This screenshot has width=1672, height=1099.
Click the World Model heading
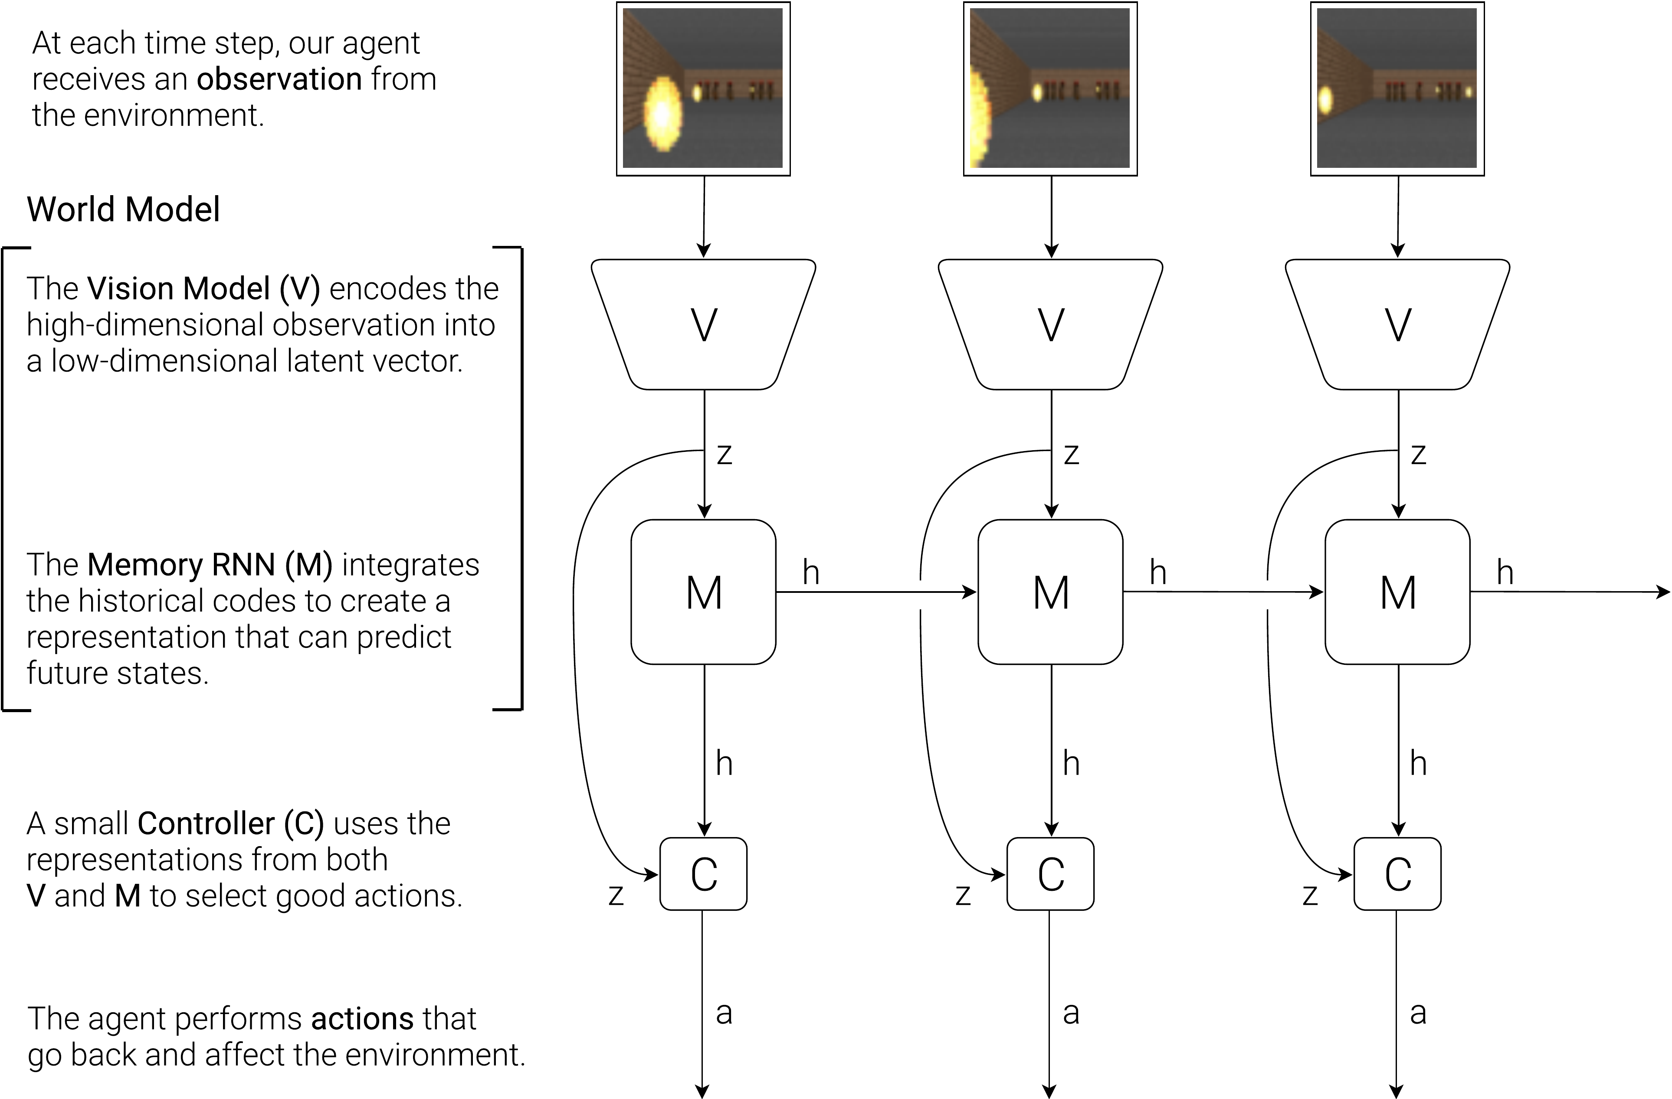124,209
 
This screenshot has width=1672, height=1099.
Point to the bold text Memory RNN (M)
210,565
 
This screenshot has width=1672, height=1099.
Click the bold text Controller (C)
230,823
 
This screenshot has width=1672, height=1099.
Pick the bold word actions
363,1018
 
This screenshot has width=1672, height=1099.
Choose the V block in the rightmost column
1398,324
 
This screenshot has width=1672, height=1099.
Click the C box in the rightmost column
1398,874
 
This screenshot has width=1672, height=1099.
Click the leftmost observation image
703,88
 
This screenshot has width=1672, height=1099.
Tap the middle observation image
1050,88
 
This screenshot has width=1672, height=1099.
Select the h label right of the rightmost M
1505,572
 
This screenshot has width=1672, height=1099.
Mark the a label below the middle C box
1071,1013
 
